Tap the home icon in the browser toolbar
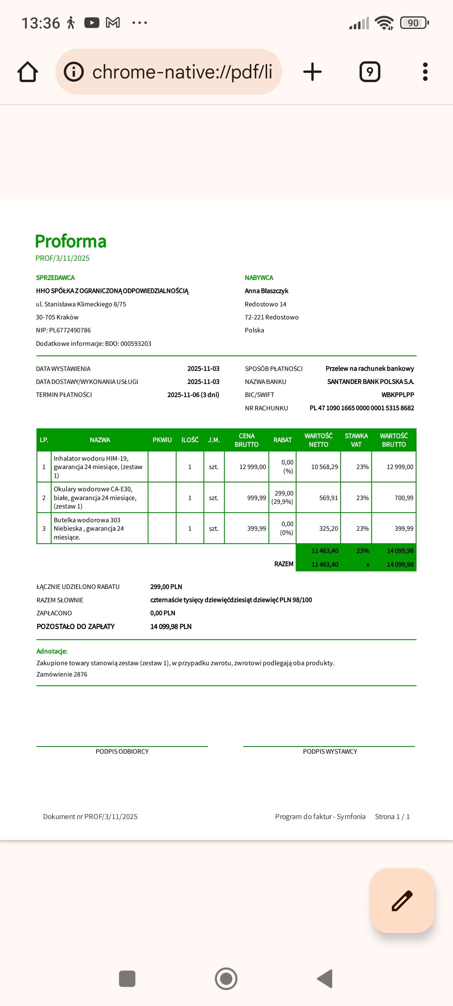click(28, 72)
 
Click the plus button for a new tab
click(312, 72)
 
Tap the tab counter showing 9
click(370, 72)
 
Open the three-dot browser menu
click(425, 72)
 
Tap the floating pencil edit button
click(402, 900)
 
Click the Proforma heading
click(70, 241)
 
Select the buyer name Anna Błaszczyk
click(266, 291)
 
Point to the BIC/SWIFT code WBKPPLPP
click(398, 395)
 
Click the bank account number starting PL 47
click(362, 408)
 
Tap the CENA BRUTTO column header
click(247, 440)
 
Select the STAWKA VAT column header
click(356, 440)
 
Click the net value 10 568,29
click(324, 467)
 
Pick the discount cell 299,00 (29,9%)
click(282, 498)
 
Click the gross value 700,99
click(404, 498)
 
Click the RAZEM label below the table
click(284, 564)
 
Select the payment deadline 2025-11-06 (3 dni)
click(193, 395)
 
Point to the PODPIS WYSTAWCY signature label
click(330, 752)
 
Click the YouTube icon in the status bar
click(92, 23)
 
